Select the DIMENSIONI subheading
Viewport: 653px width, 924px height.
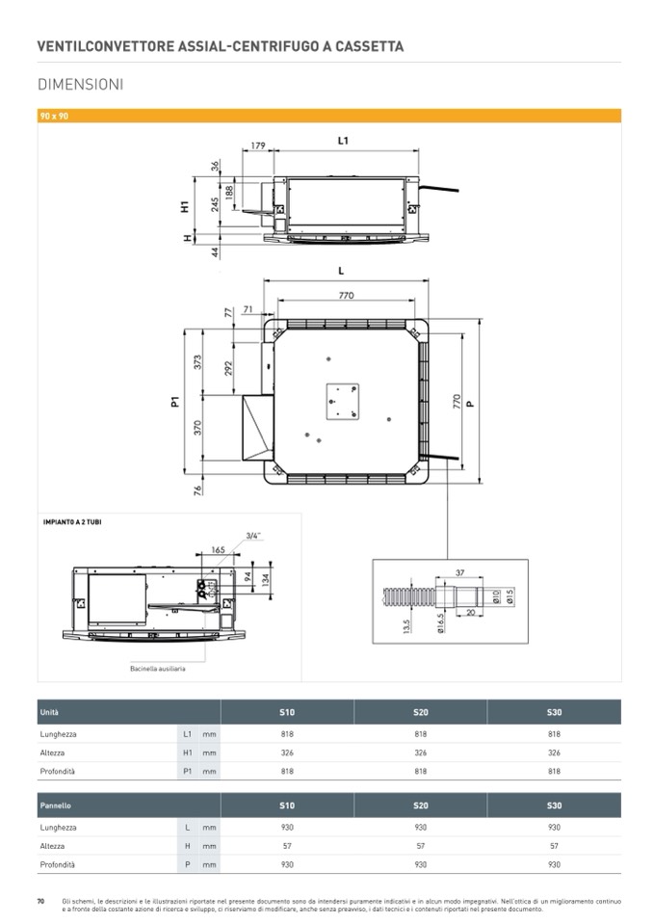click(x=81, y=84)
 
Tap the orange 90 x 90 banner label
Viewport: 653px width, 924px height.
click(x=54, y=116)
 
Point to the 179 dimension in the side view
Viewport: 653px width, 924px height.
click(x=258, y=145)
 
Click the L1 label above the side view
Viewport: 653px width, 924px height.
click(x=343, y=141)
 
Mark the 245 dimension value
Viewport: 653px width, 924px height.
click(x=216, y=204)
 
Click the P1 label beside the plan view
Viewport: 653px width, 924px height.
click(x=175, y=402)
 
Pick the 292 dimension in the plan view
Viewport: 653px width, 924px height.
click(x=228, y=368)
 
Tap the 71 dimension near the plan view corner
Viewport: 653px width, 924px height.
click(x=248, y=308)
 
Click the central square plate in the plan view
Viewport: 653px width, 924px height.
click(x=343, y=402)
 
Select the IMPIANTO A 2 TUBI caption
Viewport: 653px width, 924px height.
click(x=72, y=522)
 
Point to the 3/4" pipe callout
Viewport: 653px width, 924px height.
click(x=253, y=536)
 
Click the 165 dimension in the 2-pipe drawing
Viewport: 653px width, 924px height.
click(x=219, y=550)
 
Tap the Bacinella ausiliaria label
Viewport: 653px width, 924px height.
click(x=158, y=669)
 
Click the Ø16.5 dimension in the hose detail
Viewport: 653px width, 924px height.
click(x=442, y=621)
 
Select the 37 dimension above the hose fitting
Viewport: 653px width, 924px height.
click(x=459, y=572)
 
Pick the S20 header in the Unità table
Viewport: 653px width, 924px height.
click(x=421, y=712)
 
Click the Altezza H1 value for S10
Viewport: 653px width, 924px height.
click(x=287, y=752)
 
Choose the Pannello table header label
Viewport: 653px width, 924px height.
click(x=55, y=805)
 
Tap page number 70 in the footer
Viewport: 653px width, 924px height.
click(x=40, y=901)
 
